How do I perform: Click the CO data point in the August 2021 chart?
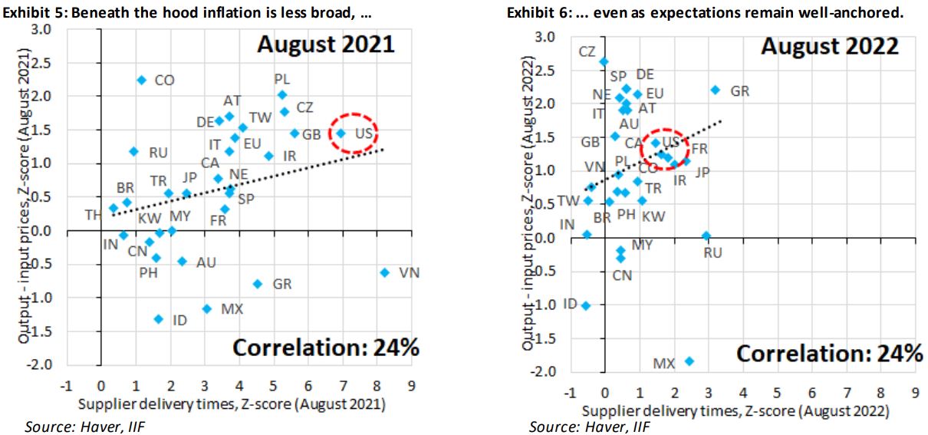141,80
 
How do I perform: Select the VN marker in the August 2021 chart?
384,272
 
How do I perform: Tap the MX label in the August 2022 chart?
664,363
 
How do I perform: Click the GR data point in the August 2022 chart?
716,90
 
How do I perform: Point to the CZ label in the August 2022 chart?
587,51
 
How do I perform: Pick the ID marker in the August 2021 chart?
159,318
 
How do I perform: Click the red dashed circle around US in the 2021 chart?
355,133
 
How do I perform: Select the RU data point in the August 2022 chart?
706,236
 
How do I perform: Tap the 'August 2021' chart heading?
325,44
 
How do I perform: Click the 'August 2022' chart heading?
829,46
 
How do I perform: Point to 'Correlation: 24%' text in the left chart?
325,348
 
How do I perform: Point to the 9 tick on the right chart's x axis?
915,393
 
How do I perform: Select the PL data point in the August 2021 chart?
281,94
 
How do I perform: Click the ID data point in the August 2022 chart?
586,305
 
